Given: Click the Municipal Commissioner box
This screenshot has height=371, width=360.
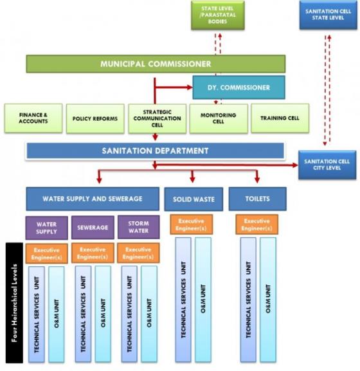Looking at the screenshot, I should coord(156,64).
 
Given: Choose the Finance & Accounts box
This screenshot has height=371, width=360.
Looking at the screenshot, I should coord(33,118).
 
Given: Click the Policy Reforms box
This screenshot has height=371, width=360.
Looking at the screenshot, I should coord(95,119).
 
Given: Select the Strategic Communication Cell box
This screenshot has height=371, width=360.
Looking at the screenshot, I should coord(157,118).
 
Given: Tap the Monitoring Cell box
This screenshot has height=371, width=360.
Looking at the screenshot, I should coord(218,118).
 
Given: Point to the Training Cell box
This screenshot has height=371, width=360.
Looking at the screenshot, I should coord(280,118).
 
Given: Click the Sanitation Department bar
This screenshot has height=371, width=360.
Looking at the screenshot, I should coord(155,150).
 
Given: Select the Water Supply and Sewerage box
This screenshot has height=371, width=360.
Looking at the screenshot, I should coord(92,199).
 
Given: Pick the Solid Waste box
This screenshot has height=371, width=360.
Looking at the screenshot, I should coord(194,199).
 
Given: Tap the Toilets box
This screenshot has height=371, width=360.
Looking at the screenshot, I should coord(257,199).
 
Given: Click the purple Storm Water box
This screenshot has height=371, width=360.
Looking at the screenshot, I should coord(138,228).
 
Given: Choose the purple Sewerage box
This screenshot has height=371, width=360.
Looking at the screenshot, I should coord(93,228).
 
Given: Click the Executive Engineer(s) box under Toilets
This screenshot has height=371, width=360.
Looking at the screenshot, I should coord(256,224).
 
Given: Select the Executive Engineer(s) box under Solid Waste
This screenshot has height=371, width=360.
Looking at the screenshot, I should coord(192,224).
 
